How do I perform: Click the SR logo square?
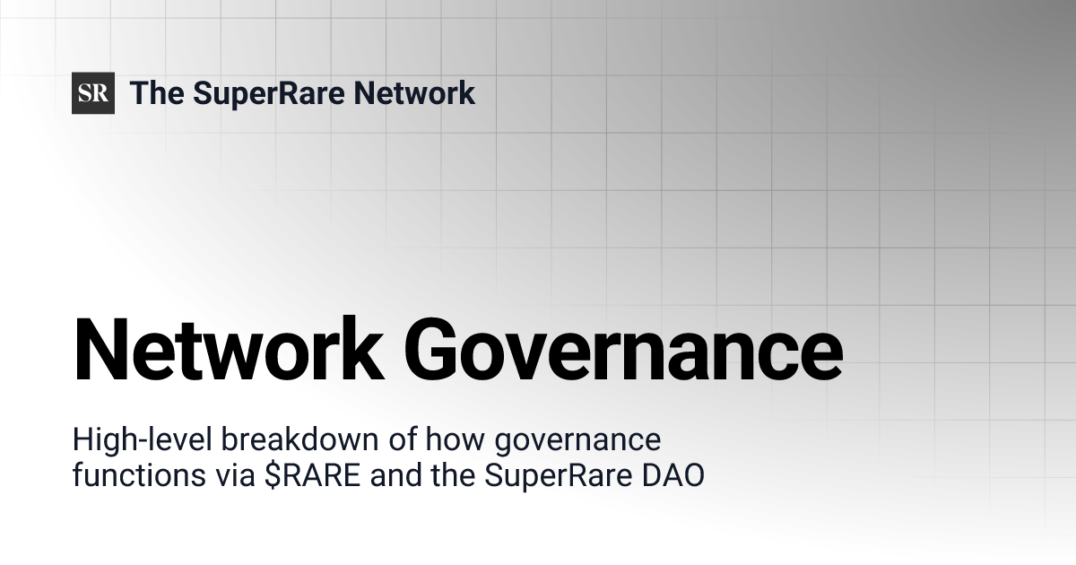coord(93,93)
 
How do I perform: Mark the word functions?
coord(139,475)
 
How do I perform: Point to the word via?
coord(235,475)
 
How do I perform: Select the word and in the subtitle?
coord(395,475)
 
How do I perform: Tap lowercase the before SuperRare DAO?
coord(454,475)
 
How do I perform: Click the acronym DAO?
coord(673,475)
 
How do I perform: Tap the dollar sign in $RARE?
coord(272,475)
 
